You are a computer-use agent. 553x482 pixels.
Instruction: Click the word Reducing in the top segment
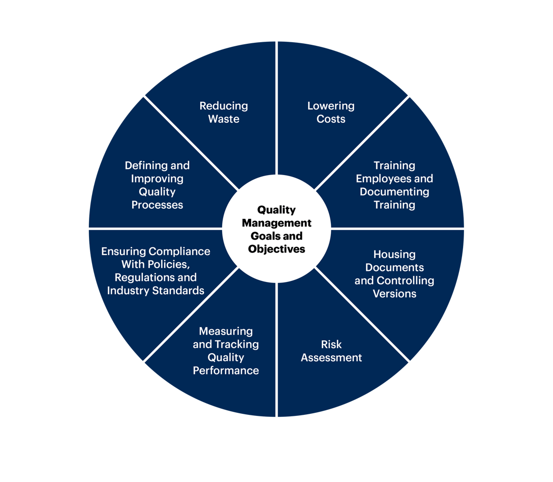point(224,106)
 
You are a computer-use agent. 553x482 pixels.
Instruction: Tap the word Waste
point(224,119)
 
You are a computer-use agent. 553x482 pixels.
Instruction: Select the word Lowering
point(331,106)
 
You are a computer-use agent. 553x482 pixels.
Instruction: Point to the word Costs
point(331,119)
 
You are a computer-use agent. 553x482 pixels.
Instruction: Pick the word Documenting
point(394,192)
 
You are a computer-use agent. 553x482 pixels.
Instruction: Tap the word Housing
point(394,254)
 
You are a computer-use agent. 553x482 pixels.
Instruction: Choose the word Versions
point(394,294)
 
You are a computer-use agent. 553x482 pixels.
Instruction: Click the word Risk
point(331,345)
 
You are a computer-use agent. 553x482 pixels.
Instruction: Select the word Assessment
point(331,358)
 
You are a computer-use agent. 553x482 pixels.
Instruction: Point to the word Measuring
point(226,331)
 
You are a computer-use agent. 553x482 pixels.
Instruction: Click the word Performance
point(226,371)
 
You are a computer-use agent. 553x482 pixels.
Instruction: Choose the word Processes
point(157,205)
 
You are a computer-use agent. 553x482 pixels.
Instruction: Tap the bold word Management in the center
point(276,223)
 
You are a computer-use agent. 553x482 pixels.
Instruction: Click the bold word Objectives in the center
point(276,249)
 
